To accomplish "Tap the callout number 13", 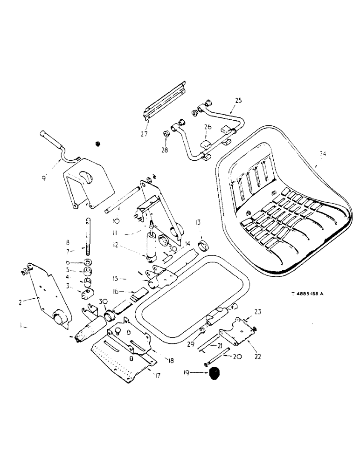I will pos(197,222).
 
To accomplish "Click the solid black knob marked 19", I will pos(215,374).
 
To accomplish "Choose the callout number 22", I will pos(257,356).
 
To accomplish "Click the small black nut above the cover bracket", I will pos(97,144).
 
